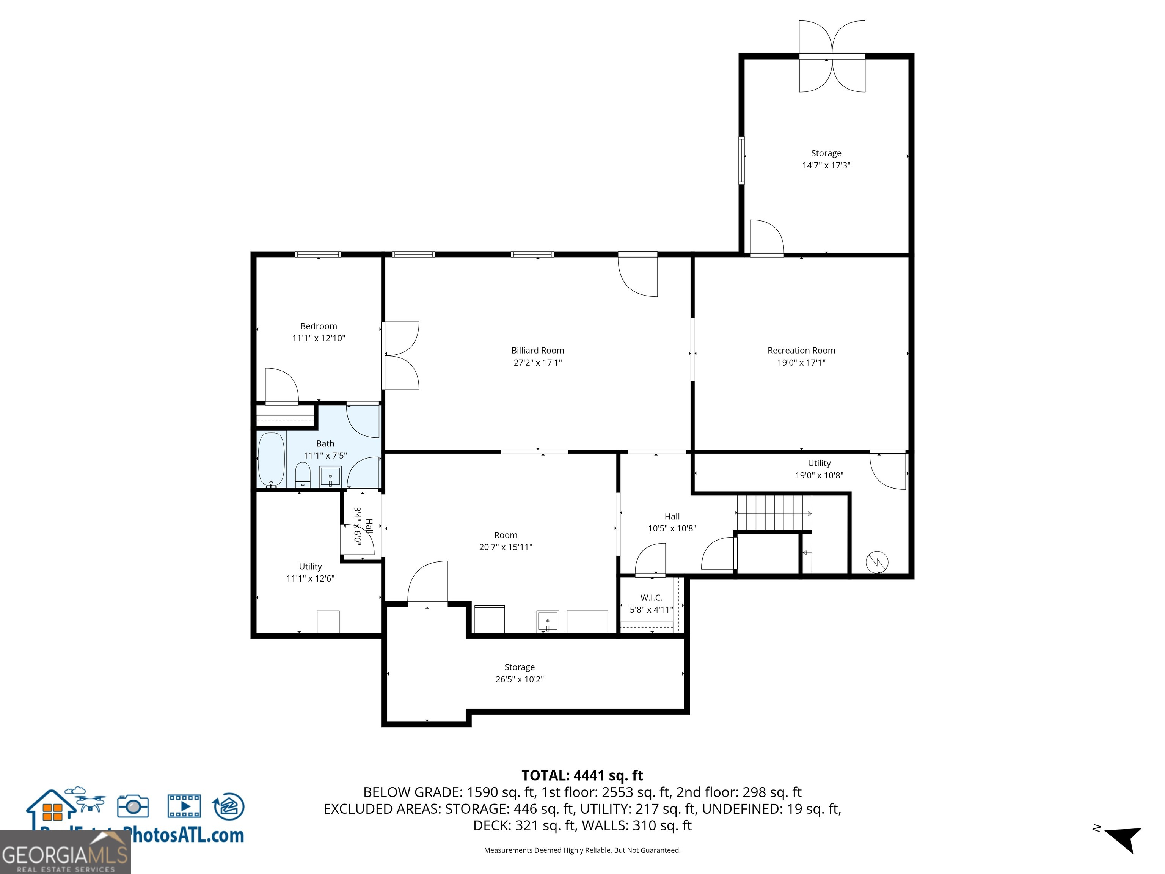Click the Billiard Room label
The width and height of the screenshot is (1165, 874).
pyautogui.click(x=537, y=351)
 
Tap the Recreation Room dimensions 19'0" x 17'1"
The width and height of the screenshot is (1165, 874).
pyautogui.click(x=801, y=362)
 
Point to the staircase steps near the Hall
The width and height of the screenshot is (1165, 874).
pyautogui.click(x=773, y=512)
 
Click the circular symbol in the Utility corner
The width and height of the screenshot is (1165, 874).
pyautogui.click(x=877, y=562)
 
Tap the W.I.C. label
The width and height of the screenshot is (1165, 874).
pyautogui.click(x=651, y=597)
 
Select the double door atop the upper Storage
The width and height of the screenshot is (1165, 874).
pyautogui.click(x=832, y=57)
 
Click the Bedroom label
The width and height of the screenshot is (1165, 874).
pyautogui.click(x=319, y=326)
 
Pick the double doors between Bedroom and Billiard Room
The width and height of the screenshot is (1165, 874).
pyautogui.click(x=400, y=355)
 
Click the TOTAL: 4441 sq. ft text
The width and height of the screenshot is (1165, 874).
pyautogui.click(x=582, y=775)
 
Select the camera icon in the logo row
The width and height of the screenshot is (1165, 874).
pyautogui.click(x=133, y=806)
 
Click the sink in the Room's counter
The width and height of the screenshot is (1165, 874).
pyautogui.click(x=547, y=622)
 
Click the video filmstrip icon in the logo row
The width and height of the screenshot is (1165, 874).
pyautogui.click(x=184, y=806)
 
